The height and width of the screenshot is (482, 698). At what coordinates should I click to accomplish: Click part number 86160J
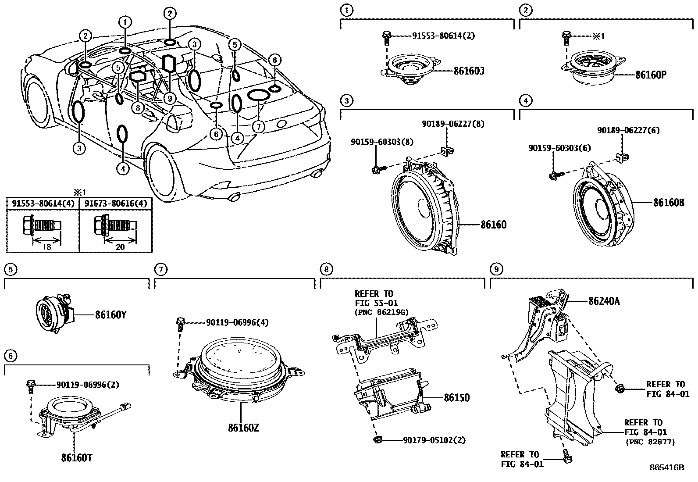pos(469,71)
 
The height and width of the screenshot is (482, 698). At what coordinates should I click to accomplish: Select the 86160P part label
pos(651,75)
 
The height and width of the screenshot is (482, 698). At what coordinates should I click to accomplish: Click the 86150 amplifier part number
pos(456,398)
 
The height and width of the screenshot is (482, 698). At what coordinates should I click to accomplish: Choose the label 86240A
pos(604,301)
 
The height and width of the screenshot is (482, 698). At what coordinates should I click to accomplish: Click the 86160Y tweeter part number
pos(110,314)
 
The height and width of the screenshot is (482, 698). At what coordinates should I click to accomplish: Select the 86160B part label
pos(668,203)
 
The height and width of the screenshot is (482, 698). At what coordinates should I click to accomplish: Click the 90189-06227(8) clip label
pos(453,124)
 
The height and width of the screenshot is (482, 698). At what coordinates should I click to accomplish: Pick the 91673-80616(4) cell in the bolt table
pos(116,204)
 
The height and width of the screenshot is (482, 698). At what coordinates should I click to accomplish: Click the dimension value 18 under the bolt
pos(46,247)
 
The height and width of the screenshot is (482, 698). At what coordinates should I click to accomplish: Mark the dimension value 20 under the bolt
pos(120,247)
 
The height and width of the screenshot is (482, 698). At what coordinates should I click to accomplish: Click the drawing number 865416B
pos(666,468)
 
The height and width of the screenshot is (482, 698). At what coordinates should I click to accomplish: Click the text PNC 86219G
pos(381,312)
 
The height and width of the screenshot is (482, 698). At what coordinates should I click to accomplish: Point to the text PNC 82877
pos(650,441)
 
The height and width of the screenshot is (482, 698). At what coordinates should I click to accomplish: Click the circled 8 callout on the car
pos(139,107)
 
